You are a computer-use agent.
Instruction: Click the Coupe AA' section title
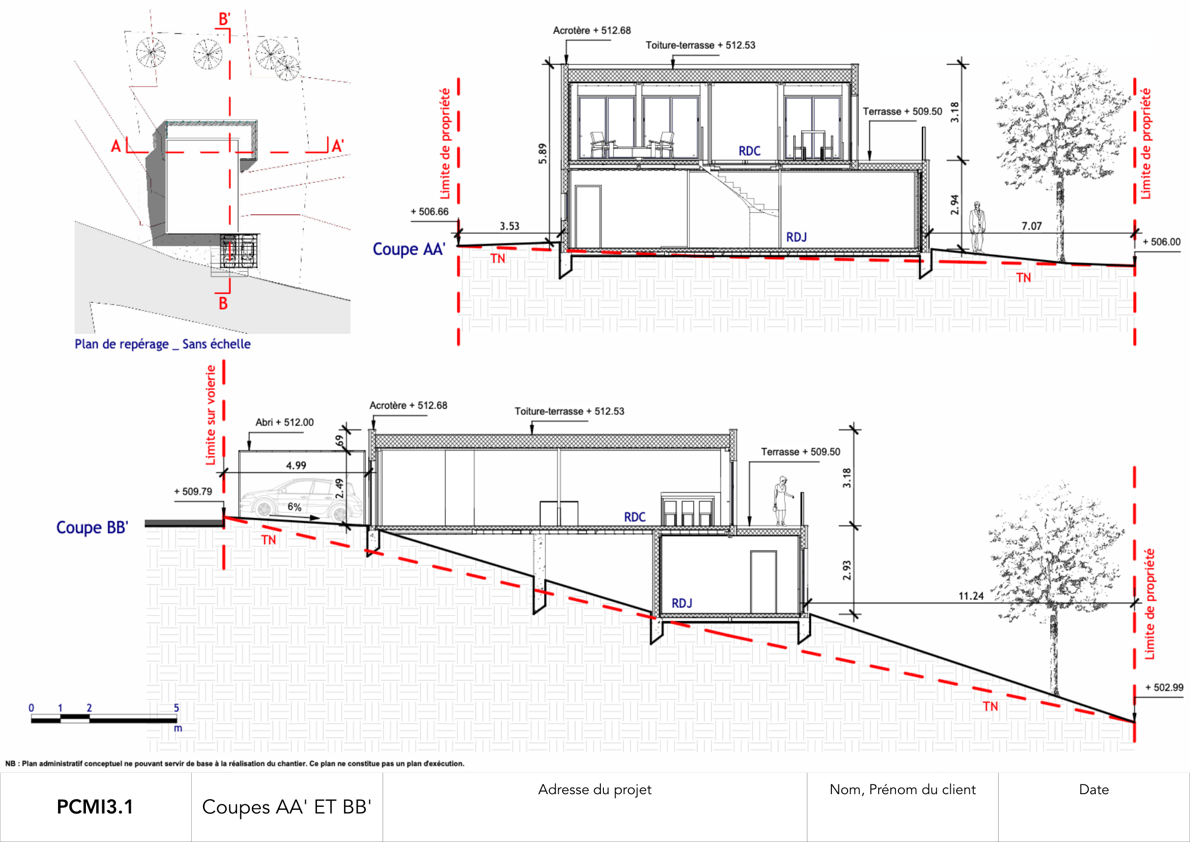(409, 249)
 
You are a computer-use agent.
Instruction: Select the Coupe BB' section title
(92, 528)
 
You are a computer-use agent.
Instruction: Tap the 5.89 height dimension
(543, 153)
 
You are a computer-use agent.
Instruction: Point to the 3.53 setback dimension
(509, 226)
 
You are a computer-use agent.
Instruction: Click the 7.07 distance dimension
(1031, 226)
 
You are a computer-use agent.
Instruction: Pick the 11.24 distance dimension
(971, 596)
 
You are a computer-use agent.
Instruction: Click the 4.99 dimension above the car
(296, 466)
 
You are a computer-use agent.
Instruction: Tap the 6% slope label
(295, 507)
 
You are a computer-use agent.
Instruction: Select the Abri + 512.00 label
(284, 423)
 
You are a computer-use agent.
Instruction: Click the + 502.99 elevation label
(1164, 687)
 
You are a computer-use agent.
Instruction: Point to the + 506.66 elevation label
(429, 212)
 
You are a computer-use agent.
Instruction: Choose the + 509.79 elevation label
(193, 492)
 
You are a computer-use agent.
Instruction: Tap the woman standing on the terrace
(780, 500)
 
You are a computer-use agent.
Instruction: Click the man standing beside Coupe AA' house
(977, 227)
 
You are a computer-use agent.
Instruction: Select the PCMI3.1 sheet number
(95, 807)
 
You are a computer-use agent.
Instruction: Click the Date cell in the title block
(1094, 790)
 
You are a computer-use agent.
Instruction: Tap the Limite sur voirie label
(211, 415)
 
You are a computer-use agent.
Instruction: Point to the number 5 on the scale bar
(176, 708)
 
